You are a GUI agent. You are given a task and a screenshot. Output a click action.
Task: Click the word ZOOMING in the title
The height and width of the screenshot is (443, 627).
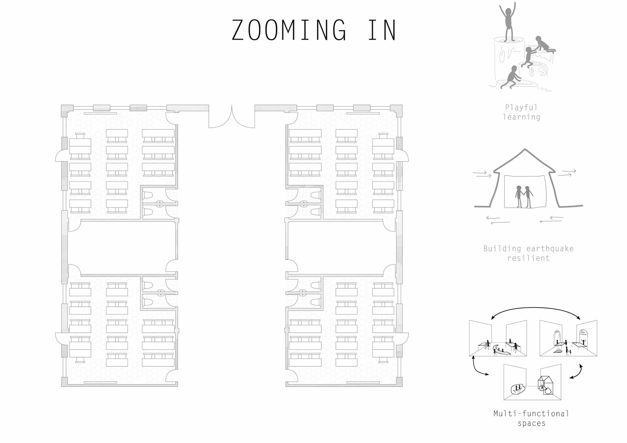pos(289,30)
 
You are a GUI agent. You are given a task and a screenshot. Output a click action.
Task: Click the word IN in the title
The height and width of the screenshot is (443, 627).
pos(382,30)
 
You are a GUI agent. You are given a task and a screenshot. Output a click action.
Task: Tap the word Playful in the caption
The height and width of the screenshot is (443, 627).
pos(521,107)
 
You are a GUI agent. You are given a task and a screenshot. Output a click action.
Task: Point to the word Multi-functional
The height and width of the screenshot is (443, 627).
pos(531,414)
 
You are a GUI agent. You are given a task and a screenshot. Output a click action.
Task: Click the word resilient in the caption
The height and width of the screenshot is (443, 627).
pos(528,258)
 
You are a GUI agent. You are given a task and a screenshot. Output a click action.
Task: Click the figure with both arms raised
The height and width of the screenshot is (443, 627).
pos(507,22)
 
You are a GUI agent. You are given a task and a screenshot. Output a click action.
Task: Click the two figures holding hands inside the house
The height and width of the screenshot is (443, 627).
pos(524,197)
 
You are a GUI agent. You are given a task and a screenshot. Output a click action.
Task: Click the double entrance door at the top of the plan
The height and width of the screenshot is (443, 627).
pos(232,117)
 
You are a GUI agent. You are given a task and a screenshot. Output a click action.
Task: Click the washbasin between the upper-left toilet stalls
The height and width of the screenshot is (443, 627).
pos(160,204)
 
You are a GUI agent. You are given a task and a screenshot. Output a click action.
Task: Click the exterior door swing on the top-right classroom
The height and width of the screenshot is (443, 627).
pos(403,156)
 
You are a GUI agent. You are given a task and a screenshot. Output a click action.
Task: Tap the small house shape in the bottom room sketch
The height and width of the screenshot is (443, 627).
pos(545,385)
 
